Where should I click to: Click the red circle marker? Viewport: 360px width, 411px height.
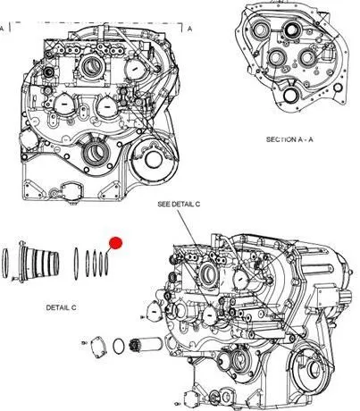pos(115,243)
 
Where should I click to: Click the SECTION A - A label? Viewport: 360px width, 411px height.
pos(289,139)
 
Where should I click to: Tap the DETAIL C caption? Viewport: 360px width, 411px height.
pos(61,307)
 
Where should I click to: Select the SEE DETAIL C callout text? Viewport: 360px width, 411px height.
pos(179,204)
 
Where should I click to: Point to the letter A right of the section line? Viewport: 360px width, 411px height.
pos(189,29)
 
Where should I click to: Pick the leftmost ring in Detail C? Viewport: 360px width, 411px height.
pos(5,264)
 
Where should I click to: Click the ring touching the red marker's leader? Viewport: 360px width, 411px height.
pos(106,264)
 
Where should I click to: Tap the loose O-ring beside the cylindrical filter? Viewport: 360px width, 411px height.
pos(119,346)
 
